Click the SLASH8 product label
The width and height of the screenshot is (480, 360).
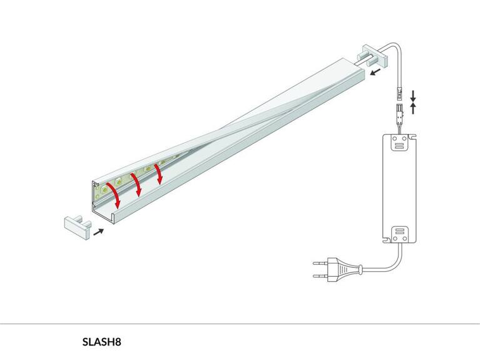pos(101,342)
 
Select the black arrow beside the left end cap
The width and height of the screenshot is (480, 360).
pos(98,231)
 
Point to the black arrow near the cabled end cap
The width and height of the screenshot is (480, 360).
pos(375,73)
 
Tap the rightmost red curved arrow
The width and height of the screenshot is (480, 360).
pos(159,173)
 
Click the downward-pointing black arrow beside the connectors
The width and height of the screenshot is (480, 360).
pos(413,96)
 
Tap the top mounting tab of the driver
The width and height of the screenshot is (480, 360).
pos(396,143)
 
